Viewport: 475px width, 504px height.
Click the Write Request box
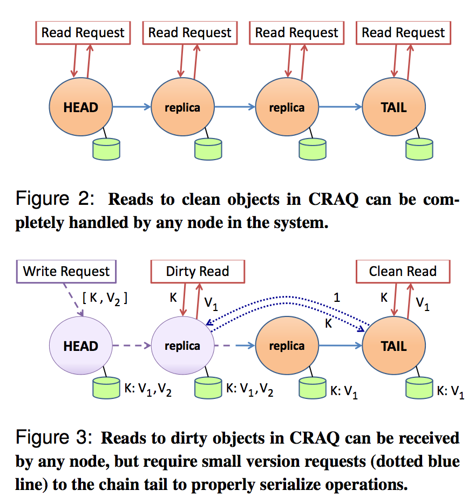[66, 271]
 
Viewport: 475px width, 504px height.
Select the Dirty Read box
[197, 271]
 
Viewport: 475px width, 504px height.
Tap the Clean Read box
[402, 271]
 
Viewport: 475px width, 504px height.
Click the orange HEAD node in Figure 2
[81, 107]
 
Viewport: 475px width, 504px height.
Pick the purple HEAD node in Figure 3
[81, 346]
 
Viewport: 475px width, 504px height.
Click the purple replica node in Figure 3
[182, 346]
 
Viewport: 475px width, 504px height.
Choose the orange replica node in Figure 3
[287, 346]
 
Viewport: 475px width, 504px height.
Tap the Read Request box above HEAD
[83, 32]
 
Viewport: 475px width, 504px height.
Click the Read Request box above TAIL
[403, 32]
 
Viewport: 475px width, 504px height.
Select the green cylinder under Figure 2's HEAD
[106, 149]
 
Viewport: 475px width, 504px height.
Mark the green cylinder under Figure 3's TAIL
[419, 388]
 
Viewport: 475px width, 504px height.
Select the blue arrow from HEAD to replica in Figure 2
[131, 107]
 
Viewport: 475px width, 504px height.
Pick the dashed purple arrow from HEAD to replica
[131, 346]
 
